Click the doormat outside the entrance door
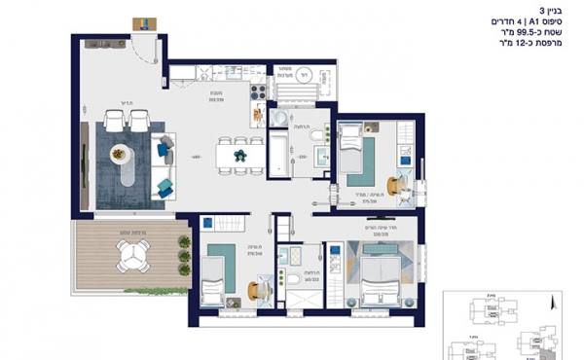pos(145,21)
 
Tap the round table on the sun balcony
pos(131,256)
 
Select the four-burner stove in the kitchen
pos(259,92)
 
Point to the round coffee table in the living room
pos(121,153)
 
